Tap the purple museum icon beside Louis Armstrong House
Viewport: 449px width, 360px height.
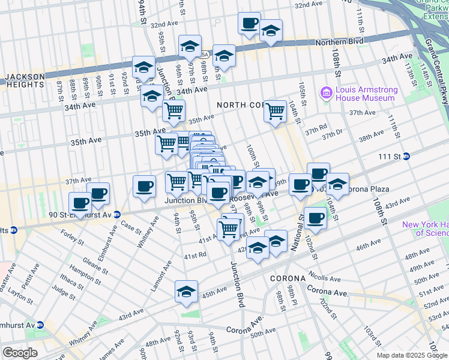click(x=327, y=92)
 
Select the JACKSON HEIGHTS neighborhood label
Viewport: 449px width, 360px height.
click(x=25, y=80)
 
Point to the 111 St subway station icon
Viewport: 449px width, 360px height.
click(x=406, y=156)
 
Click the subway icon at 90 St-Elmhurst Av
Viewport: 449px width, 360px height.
click(x=116, y=214)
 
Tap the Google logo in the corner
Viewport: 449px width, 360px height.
click(x=19, y=353)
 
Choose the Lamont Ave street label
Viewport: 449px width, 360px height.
click(x=160, y=277)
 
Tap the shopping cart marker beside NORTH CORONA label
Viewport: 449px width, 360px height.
click(x=275, y=110)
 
